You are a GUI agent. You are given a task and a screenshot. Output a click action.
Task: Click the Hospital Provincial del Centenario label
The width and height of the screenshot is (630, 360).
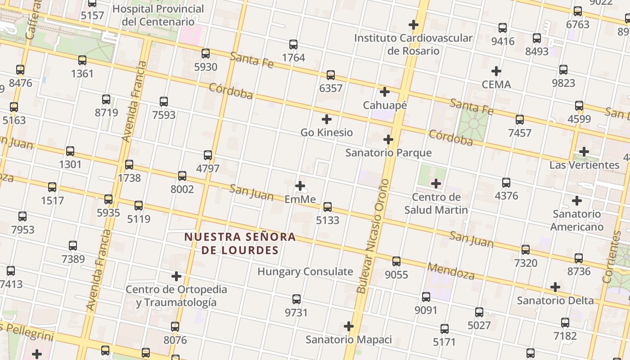(x=158, y=15)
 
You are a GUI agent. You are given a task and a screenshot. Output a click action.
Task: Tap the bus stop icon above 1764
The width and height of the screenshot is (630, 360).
(x=293, y=45)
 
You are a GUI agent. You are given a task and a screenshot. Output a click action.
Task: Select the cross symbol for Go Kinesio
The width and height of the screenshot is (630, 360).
(x=327, y=119)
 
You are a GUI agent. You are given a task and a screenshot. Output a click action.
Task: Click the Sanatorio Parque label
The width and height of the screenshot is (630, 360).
(x=388, y=153)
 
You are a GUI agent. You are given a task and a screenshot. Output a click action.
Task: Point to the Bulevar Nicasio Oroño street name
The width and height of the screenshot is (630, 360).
(x=373, y=236)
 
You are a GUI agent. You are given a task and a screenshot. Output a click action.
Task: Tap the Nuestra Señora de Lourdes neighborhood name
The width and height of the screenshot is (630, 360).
(x=240, y=243)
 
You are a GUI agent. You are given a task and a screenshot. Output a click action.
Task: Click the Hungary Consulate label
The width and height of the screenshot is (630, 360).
(x=305, y=271)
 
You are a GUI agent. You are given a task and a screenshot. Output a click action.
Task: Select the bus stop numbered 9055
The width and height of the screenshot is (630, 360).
(x=396, y=261)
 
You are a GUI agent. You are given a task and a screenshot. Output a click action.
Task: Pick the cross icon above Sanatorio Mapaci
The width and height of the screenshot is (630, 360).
(x=349, y=326)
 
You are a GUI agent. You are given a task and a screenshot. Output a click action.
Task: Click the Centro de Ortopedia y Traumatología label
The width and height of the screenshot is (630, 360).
(x=176, y=296)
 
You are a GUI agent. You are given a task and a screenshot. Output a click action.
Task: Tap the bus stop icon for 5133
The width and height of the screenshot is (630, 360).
(x=328, y=207)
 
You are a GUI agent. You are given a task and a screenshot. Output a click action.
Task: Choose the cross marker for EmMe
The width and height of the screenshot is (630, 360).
(x=300, y=186)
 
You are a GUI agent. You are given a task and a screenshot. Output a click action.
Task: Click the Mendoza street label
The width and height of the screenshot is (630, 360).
(x=451, y=271)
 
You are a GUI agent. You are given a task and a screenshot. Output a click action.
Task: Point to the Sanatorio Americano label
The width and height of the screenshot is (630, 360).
(x=577, y=220)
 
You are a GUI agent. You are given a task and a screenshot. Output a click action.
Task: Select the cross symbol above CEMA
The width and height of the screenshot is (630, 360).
(x=496, y=71)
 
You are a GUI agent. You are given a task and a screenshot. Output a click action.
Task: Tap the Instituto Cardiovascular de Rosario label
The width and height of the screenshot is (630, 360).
(x=413, y=44)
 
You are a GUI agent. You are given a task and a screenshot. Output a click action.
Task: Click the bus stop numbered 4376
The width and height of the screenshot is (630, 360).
(x=506, y=183)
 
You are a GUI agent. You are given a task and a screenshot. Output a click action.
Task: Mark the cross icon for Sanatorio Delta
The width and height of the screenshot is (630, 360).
(x=555, y=287)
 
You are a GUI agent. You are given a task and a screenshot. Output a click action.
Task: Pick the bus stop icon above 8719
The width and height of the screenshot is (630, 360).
(x=106, y=99)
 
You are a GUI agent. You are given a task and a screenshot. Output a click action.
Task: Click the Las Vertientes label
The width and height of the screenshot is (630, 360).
(x=584, y=165)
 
